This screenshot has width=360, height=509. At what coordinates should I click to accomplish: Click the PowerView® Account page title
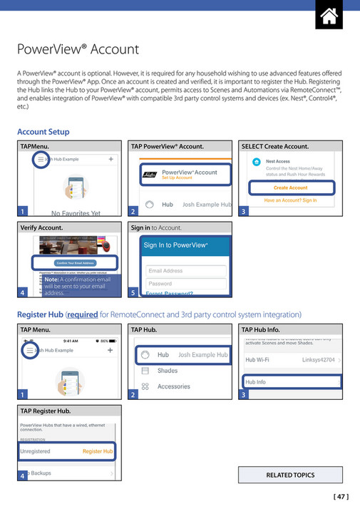(x=78, y=50)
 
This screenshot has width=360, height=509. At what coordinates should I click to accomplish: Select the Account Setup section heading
(x=43, y=132)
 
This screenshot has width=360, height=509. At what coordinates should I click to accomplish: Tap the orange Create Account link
(x=290, y=187)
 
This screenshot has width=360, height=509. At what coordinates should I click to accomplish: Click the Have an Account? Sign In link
(x=290, y=201)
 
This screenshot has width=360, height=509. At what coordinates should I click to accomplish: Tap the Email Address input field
(x=186, y=271)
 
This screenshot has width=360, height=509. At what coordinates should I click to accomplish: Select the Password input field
(x=186, y=284)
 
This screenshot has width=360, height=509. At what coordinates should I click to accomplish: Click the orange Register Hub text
(x=98, y=451)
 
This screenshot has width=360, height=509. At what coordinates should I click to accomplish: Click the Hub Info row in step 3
(x=292, y=382)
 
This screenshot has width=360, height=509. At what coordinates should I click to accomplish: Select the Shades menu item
(x=168, y=371)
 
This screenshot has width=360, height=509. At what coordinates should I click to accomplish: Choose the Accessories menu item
(x=174, y=386)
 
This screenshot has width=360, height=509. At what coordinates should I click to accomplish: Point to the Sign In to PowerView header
(x=175, y=245)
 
